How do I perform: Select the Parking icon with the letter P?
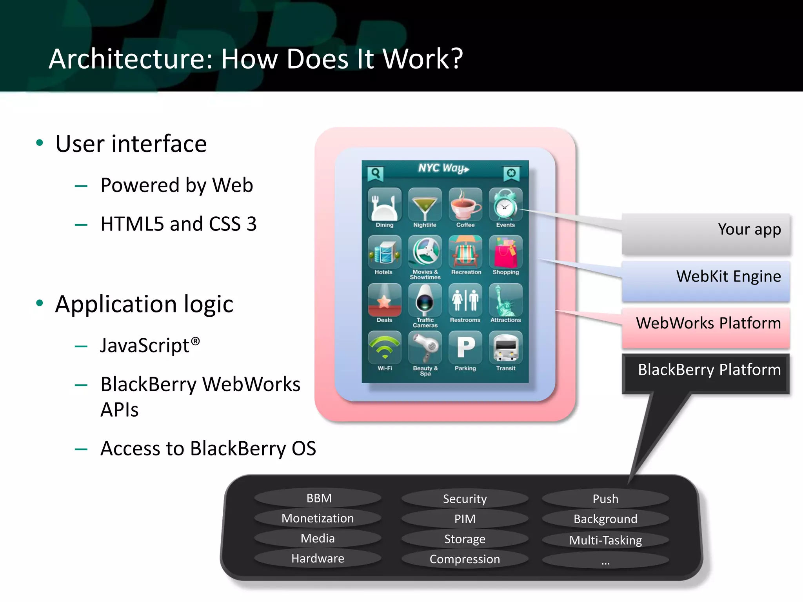click(465, 347)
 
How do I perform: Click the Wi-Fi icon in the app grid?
click(385, 347)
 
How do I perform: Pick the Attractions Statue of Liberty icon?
click(505, 300)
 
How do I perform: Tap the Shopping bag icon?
click(505, 252)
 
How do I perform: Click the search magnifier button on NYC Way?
click(375, 173)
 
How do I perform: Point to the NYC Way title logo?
click(443, 169)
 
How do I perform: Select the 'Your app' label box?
click(706, 234)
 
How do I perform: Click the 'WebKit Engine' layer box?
click(706, 281)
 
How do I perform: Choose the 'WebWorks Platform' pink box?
click(706, 328)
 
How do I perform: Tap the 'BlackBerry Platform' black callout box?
click(706, 373)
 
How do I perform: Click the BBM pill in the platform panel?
click(318, 498)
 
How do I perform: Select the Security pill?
click(465, 499)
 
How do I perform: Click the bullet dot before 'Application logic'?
click(39, 303)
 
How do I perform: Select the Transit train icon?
click(505, 347)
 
